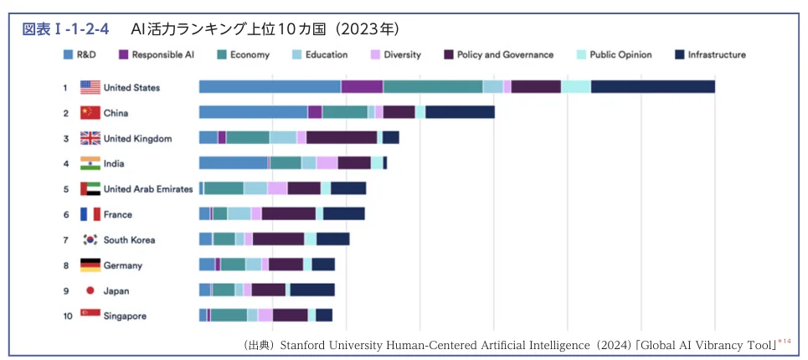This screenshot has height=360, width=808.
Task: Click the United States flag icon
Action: point(90,87)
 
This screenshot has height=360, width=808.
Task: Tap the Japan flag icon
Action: point(90,291)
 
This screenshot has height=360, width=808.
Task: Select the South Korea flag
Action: point(90,239)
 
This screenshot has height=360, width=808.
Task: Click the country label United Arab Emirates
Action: point(147,189)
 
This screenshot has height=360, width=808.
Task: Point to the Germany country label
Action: point(122,265)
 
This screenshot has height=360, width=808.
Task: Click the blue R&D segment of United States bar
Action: point(270,87)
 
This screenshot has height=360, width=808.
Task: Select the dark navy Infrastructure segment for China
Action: point(459,112)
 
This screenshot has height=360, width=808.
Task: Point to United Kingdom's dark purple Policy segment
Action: point(341,138)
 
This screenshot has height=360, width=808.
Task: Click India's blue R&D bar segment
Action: point(233,163)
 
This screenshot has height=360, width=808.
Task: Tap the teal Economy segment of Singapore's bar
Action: point(228,316)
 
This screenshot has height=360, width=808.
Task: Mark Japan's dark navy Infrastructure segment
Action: point(311,291)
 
